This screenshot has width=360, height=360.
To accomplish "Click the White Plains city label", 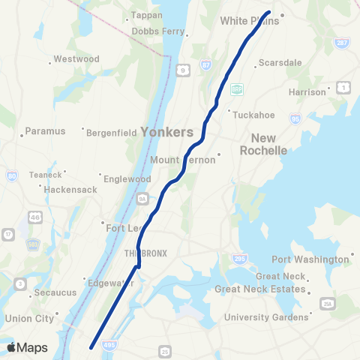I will click(x=249, y=21).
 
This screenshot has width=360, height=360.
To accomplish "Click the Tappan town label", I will click(x=145, y=15).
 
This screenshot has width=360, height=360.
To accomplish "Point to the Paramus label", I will click(x=46, y=130).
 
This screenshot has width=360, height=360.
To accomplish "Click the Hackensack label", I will click(x=70, y=190).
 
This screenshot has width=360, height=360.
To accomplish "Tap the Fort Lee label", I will click(x=124, y=227).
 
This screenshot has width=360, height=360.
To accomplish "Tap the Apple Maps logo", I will click(x=27, y=347).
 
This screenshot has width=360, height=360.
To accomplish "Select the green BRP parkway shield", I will click(x=237, y=89).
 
